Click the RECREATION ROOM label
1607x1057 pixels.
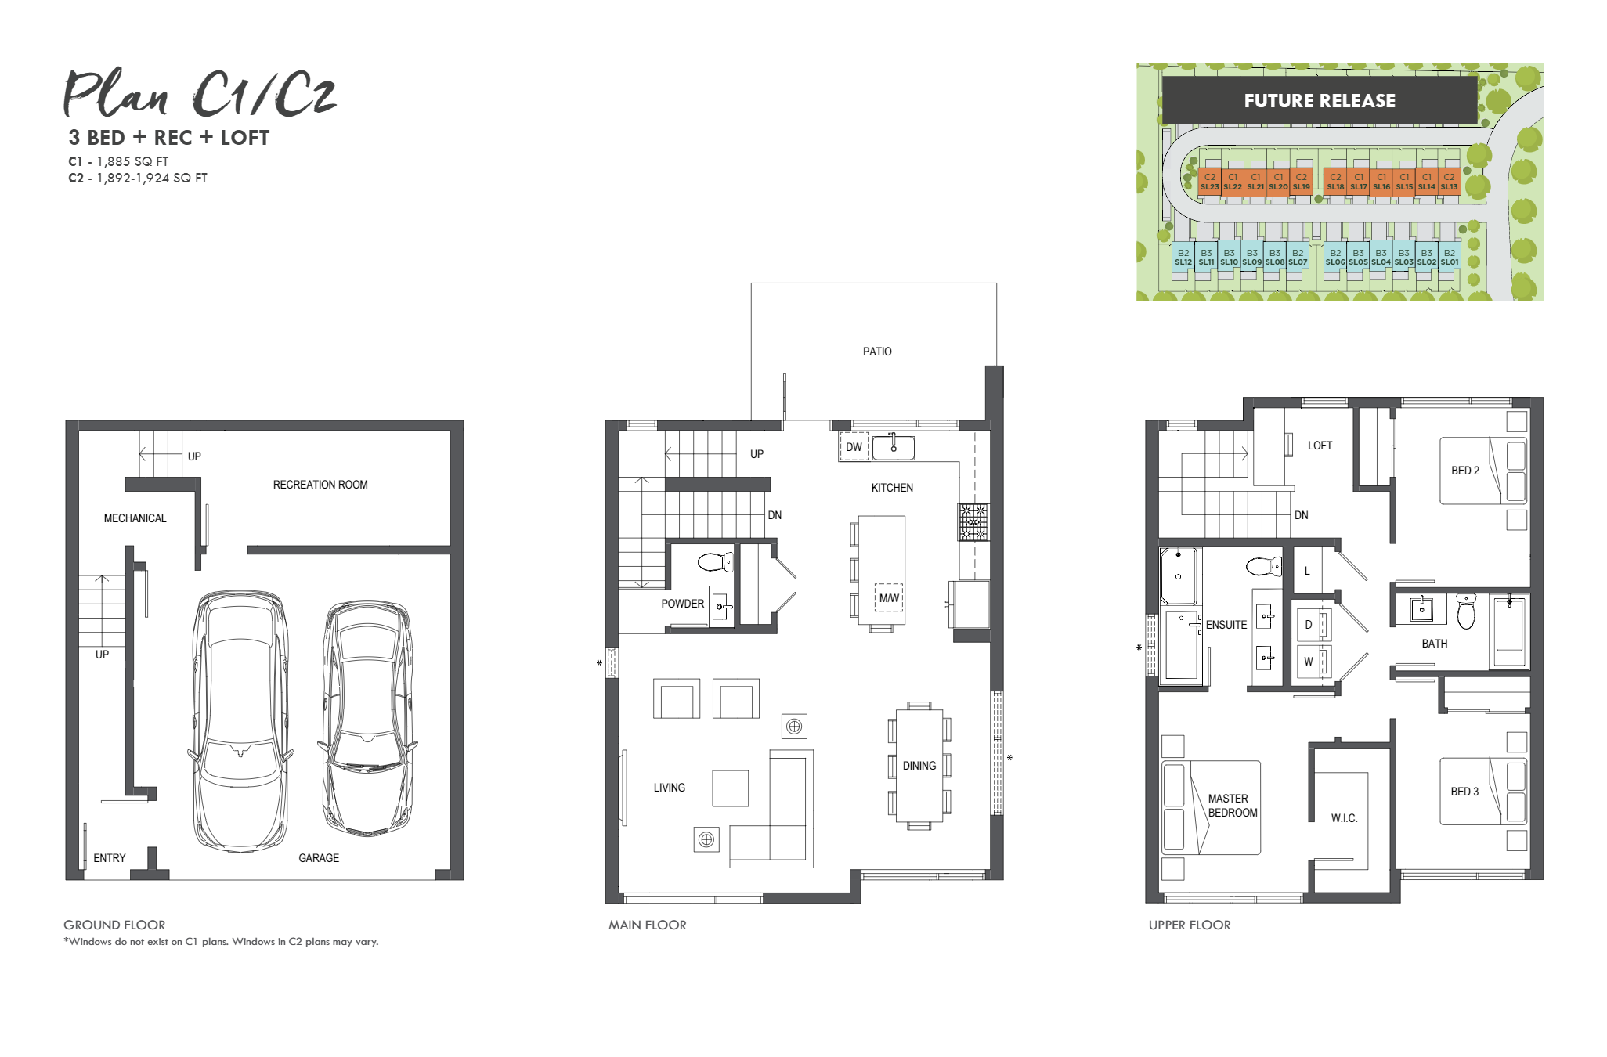[320, 485]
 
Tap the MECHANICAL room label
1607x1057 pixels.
[135, 518]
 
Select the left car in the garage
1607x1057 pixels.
[240, 720]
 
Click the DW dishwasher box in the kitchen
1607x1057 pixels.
[854, 447]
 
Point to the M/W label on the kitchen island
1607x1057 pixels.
[889, 598]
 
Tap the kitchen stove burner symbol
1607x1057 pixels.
[973, 522]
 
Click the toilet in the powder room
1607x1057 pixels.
[714, 561]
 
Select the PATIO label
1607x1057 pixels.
[877, 352]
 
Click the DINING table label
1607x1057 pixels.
[919, 766]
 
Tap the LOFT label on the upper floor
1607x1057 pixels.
[1320, 446]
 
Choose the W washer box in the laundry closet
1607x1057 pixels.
[1309, 662]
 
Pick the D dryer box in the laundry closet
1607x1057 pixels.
[1309, 625]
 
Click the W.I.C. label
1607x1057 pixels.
[1344, 818]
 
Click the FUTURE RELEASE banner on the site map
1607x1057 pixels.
[1320, 100]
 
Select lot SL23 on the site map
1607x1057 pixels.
[1209, 182]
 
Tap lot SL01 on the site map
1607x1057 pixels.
[1450, 258]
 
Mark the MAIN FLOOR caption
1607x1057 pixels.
[647, 925]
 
